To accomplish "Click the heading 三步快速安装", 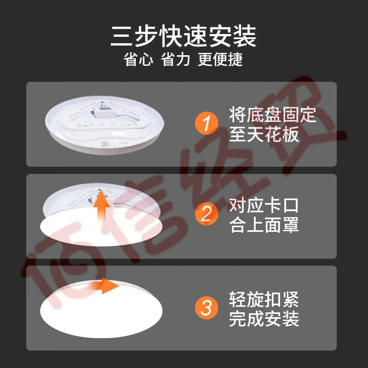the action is pyautogui.click(x=183, y=36).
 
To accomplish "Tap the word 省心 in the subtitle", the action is pyautogui.click(x=138, y=59).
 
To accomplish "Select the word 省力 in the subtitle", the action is pyautogui.click(x=175, y=59).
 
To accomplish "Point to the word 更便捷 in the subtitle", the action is pyautogui.click(x=220, y=59).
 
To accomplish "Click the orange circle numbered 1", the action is pyautogui.click(x=207, y=123).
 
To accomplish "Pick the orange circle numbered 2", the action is pyautogui.click(x=207, y=214).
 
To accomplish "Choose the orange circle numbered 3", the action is pyautogui.click(x=207, y=308).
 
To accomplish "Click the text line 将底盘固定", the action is pyautogui.click(x=273, y=115).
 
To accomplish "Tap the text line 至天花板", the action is pyautogui.click(x=264, y=134).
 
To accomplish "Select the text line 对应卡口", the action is pyautogui.click(x=264, y=206).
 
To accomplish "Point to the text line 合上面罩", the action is pyautogui.click(x=264, y=225).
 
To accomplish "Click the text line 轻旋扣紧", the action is pyautogui.click(x=264, y=299).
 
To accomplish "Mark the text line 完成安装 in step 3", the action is pyautogui.click(x=264, y=319).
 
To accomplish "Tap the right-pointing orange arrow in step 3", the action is pyautogui.click(x=104, y=286).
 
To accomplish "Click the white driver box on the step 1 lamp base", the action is pyautogui.click(x=106, y=115).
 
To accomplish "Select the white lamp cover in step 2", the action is pyautogui.click(x=101, y=227).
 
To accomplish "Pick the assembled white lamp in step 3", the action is pyautogui.click(x=101, y=309).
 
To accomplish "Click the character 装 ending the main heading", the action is pyautogui.click(x=244, y=36).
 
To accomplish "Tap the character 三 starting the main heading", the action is pyautogui.click(x=122, y=36).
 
